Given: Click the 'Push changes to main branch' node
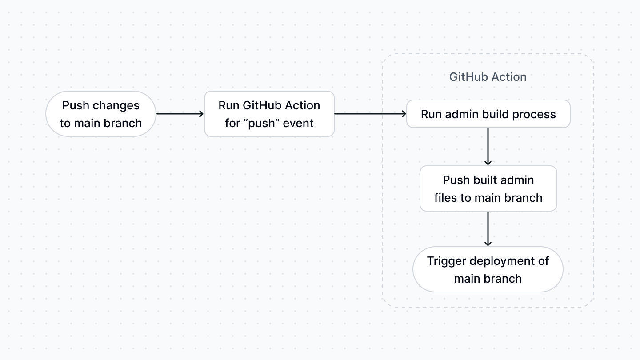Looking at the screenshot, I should (101, 114).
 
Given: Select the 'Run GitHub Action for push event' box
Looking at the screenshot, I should (269, 114).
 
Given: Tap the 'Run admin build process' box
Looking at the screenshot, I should (488, 114).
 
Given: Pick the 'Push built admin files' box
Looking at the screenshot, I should (488, 188).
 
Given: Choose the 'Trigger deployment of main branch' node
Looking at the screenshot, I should (488, 269).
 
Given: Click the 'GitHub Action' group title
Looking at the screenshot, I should (488, 77).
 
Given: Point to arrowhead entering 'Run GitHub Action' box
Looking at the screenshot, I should (201, 114).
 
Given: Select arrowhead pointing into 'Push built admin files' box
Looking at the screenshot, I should (488, 162).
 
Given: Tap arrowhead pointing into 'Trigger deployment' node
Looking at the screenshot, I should (488, 243).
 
